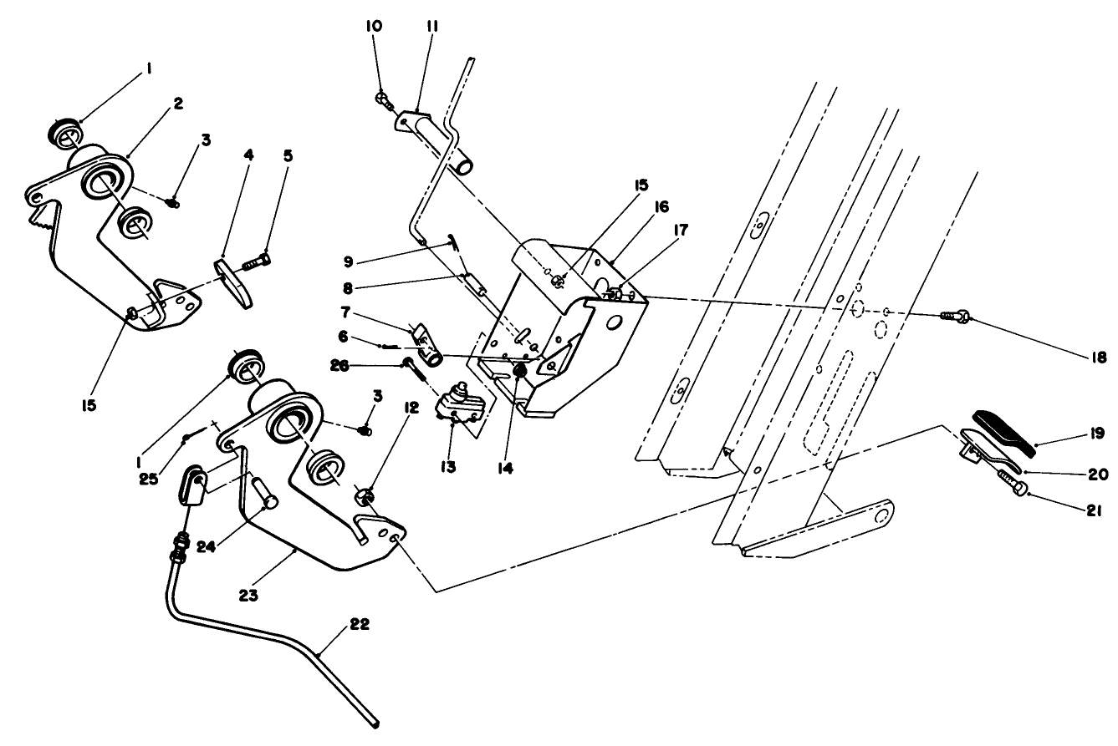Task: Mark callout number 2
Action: pos(177,103)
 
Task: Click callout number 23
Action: pos(248,596)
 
